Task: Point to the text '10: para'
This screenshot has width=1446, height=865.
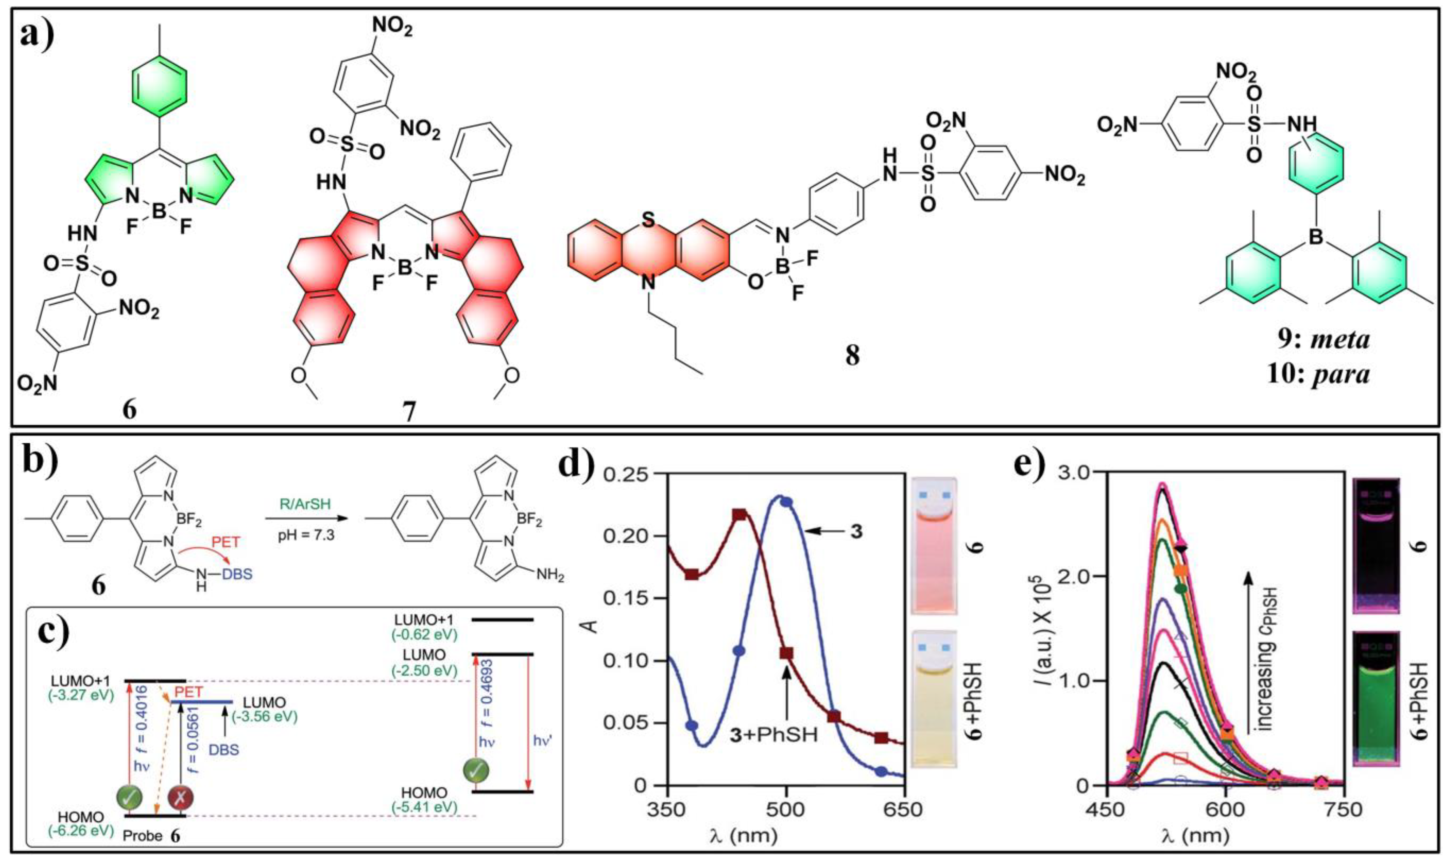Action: (x=1318, y=374)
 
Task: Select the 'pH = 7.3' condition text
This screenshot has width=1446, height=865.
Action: (x=305, y=534)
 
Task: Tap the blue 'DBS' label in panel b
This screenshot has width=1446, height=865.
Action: (x=238, y=574)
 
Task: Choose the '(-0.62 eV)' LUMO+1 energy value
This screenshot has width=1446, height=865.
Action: (x=424, y=634)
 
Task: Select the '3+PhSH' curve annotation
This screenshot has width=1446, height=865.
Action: (x=773, y=734)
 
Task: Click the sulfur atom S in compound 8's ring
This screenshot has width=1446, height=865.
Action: (x=648, y=220)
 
